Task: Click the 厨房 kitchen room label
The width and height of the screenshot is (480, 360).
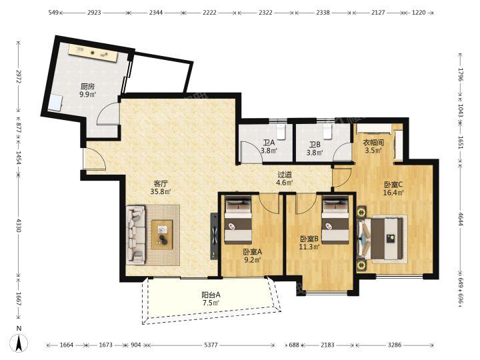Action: click(88, 87)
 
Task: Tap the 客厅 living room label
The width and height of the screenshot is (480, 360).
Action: click(161, 184)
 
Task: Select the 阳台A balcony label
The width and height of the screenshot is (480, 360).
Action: click(211, 295)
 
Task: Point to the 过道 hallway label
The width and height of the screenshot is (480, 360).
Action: click(285, 175)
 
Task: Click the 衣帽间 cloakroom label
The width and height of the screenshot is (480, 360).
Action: click(373, 143)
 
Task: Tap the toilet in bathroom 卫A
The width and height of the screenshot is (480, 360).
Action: click(281, 131)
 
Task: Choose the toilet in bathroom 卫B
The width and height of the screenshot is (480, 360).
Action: click(328, 131)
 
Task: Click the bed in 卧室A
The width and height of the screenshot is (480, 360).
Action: click(238, 220)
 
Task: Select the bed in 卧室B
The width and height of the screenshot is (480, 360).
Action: click(335, 220)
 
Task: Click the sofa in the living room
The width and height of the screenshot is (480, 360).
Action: click(136, 235)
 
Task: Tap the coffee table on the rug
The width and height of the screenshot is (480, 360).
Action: click(162, 235)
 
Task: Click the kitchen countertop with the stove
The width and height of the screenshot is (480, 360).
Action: click(93, 53)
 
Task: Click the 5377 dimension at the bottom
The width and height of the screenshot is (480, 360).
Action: click(211, 345)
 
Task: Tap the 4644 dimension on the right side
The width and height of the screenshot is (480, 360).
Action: click(461, 219)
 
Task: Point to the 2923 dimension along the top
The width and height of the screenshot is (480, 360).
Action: click(94, 13)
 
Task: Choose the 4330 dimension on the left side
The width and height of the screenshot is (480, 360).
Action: click(19, 225)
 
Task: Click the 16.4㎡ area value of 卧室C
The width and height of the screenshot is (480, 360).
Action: click(393, 193)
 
